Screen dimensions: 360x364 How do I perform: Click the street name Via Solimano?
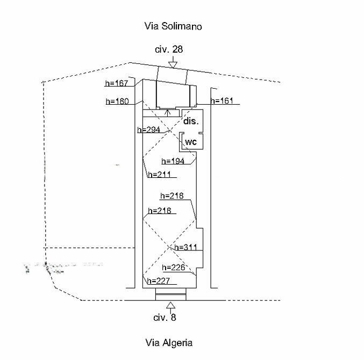[173, 26]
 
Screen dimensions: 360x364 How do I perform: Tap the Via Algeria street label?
[169, 342]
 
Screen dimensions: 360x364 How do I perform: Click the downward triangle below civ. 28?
[172, 64]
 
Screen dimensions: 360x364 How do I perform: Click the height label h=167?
[117, 83]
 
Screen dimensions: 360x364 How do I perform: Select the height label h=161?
[222, 100]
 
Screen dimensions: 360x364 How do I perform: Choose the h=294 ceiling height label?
[149, 129]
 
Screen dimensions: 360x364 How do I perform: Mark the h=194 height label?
[173, 161]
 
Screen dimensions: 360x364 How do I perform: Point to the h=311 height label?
[186, 247]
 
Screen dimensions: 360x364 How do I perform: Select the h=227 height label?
[158, 280]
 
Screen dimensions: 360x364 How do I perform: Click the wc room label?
[191, 142]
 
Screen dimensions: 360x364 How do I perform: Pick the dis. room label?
[191, 121]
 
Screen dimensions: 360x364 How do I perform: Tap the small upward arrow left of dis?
[169, 112]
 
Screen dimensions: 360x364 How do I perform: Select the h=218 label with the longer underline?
[172, 196]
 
